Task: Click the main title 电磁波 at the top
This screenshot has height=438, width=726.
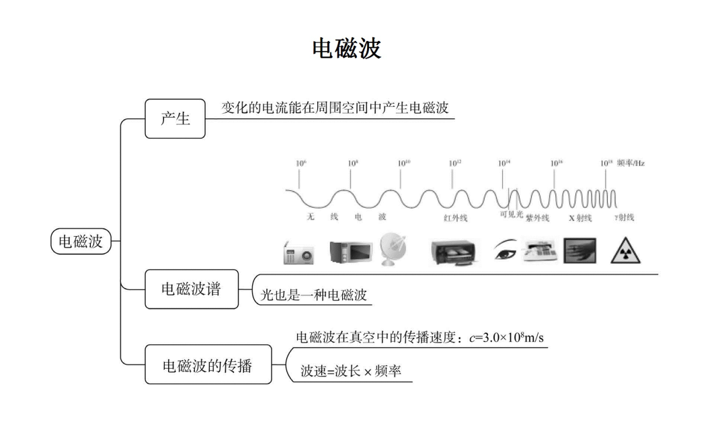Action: pos(347,48)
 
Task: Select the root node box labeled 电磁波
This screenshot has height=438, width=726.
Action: pos(81,241)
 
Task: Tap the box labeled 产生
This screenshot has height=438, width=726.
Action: pos(175,118)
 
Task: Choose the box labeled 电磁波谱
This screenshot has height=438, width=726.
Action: pos(191,289)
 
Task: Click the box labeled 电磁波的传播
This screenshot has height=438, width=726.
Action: pos(208,365)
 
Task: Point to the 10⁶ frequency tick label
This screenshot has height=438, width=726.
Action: pos(300,163)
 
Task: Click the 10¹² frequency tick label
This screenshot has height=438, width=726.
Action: pos(454,163)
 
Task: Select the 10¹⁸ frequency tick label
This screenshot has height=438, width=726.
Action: pos(606,163)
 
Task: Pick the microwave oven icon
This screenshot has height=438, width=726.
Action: pos(350,252)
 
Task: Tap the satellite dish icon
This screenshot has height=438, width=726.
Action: pos(393,249)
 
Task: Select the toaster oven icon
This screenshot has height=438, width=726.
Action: pos(456,252)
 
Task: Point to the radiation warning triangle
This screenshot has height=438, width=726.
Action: pos(625,252)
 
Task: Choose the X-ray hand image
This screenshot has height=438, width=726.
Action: pos(579,250)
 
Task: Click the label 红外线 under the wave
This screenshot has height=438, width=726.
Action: pos(455,218)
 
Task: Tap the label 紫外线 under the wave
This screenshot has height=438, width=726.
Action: pos(537,218)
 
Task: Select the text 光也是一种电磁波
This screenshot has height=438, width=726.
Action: pos(314,295)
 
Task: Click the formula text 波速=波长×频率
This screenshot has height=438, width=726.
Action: pos(350,371)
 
